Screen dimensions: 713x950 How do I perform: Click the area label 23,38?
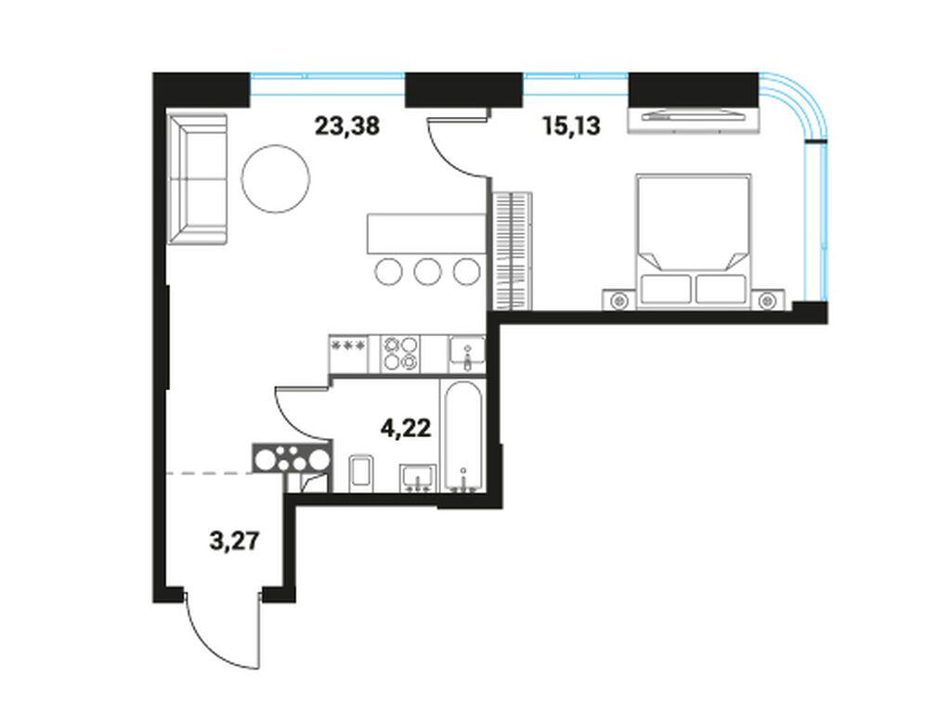(346, 126)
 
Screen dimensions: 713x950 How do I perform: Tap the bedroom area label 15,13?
(571, 126)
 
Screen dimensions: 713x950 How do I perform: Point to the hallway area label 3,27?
(232, 541)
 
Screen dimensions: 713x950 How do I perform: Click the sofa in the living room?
(197, 179)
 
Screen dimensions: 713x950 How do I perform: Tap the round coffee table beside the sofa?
(275, 178)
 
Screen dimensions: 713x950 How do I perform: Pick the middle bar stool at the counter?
(427, 270)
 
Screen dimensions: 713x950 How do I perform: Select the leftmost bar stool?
(388, 270)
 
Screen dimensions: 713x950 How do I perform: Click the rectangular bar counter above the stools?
(425, 233)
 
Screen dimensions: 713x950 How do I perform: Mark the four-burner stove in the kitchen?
(400, 353)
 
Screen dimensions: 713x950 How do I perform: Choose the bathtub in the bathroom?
(462, 436)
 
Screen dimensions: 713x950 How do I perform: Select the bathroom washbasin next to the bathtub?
(418, 477)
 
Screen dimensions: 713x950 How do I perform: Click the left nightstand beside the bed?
(619, 300)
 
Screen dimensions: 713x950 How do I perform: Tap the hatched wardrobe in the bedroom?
(512, 251)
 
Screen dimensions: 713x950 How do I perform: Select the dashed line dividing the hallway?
(209, 473)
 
